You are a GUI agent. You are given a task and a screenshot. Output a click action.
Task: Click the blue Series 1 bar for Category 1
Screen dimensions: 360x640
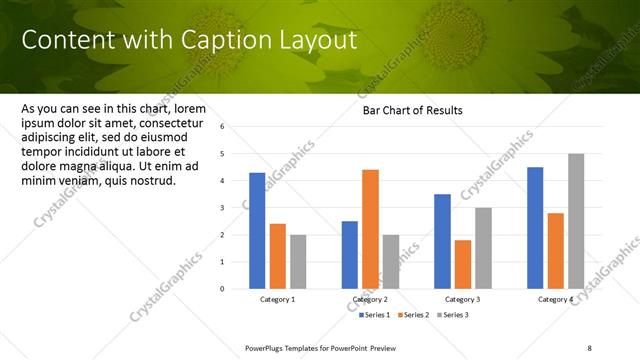coord(257,231)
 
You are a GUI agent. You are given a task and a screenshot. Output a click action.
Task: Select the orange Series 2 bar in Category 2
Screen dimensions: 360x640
coord(370,229)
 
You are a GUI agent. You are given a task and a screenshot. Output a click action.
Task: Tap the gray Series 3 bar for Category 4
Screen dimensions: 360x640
coord(576,221)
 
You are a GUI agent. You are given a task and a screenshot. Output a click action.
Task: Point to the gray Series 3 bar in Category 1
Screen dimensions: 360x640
coord(298,262)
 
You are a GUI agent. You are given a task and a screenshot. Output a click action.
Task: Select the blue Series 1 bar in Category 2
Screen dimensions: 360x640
coord(349,255)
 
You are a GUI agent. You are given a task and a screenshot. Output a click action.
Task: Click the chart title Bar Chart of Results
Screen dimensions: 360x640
coord(412,110)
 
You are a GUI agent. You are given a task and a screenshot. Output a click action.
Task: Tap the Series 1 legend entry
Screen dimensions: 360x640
coord(375,315)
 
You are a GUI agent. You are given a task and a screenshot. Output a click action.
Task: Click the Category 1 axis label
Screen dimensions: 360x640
coord(278,300)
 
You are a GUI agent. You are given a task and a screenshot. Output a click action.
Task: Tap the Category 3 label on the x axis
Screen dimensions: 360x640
coord(463,300)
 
